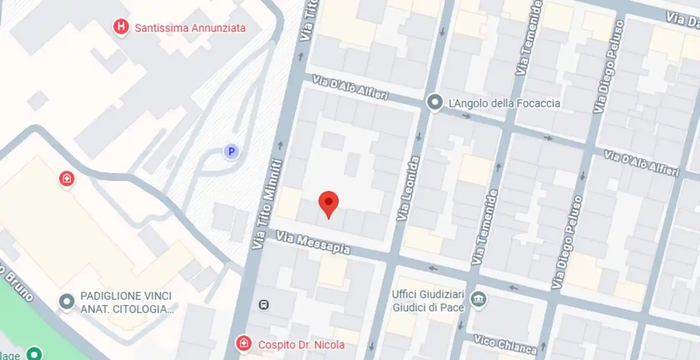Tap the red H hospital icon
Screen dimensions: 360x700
(121, 27)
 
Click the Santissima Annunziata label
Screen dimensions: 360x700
(190, 28)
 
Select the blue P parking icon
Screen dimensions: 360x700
(231, 151)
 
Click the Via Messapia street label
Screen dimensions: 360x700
(313, 242)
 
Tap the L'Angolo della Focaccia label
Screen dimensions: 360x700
(504, 103)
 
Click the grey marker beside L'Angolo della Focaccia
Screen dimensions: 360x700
(435, 102)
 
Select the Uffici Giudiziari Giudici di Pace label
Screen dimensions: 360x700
(428, 301)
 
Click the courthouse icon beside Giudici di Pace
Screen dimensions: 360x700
(478, 299)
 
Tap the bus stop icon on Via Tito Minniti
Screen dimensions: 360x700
(263, 305)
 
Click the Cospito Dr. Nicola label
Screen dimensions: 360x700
(301, 345)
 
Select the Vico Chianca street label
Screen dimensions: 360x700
(505, 344)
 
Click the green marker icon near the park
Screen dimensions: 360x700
(34, 354)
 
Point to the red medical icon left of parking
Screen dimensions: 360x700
(67, 179)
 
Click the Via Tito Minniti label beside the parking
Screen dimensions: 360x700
(267, 204)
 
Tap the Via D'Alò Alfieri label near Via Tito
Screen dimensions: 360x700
(350, 87)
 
